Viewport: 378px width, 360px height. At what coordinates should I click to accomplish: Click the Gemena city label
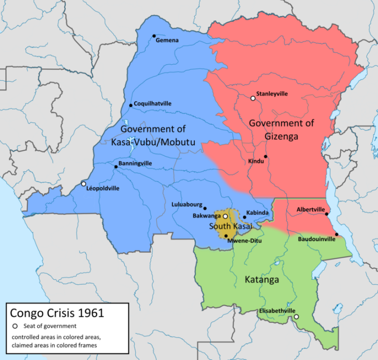pyautogui.click(x=168, y=40)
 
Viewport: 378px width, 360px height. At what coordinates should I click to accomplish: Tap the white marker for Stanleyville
pyautogui.click(x=253, y=98)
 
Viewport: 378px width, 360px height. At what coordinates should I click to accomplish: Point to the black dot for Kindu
pyautogui.click(x=266, y=156)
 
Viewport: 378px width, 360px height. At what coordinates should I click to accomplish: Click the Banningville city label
pyautogui.click(x=136, y=163)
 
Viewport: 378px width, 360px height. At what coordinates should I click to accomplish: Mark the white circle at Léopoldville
pyautogui.click(x=83, y=183)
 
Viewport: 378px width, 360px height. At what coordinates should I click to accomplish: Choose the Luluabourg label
pyautogui.click(x=187, y=205)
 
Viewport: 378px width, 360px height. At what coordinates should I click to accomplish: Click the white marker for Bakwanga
pyautogui.click(x=225, y=217)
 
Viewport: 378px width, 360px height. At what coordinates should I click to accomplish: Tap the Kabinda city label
pyautogui.click(x=257, y=213)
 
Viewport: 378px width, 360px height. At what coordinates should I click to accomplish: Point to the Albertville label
pyautogui.click(x=311, y=209)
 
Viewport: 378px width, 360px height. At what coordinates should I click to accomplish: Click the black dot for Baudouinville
pyautogui.click(x=337, y=234)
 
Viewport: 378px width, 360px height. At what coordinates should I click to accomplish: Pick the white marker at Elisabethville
pyautogui.click(x=296, y=316)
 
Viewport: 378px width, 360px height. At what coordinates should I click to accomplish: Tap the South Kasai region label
pyautogui.click(x=230, y=227)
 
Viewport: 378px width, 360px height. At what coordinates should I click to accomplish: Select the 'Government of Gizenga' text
pyautogui.click(x=281, y=128)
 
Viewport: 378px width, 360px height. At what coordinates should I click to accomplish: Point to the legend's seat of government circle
pyautogui.click(x=15, y=326)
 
